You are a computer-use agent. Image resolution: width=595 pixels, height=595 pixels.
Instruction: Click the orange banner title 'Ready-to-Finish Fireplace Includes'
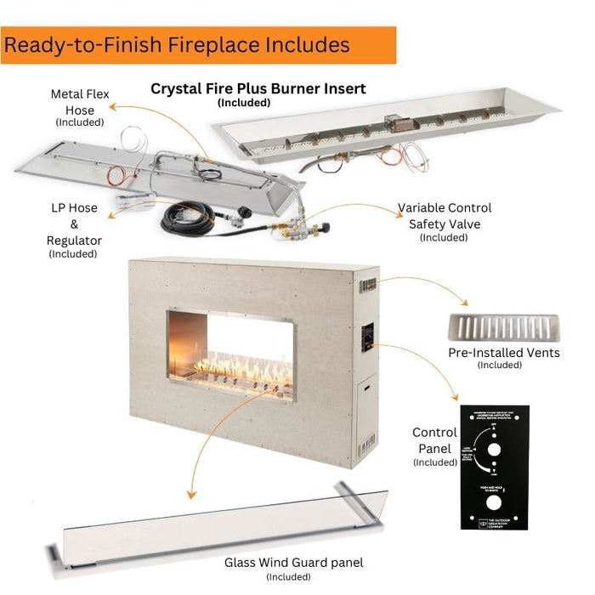pos(177,45)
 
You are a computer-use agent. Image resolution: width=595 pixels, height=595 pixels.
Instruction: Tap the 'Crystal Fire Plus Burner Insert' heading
pos(258,88)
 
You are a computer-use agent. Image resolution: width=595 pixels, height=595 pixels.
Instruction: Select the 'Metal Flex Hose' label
pos(80,102)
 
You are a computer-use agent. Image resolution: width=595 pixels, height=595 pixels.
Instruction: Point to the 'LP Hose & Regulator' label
pos(74,224)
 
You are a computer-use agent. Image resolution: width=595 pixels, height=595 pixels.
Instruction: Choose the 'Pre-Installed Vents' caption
pos(504,353)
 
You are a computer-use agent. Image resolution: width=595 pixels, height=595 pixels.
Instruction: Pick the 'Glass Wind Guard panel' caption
pos(293,562)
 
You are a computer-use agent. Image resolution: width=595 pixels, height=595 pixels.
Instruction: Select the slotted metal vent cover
pos(503,328)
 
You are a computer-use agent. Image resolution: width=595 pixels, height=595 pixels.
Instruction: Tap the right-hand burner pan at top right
pos(388,127)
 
